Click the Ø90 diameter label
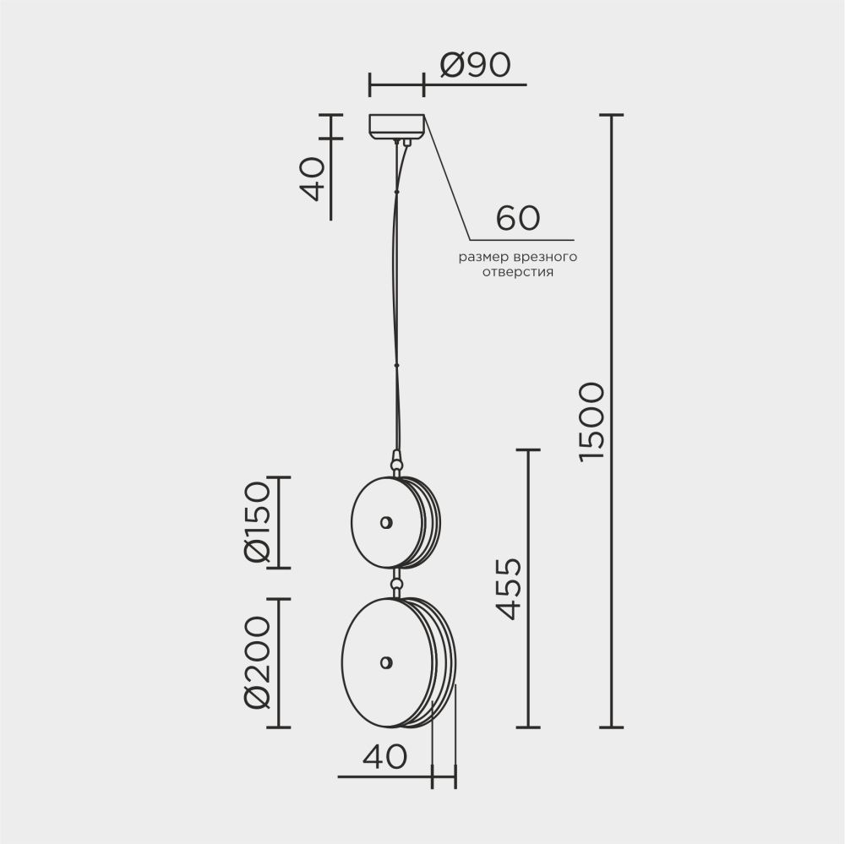(476, 66)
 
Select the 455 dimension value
(508, 589)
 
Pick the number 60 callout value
(517, 218)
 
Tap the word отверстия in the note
(517, 272)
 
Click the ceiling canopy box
(397, 127)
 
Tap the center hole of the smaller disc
(385, 522)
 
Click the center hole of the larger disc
(386, 663)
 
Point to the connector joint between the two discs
(395, 582)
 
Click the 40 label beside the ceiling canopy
(313, 178)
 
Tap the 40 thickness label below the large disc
(384, 757)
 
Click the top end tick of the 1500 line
(611, 115)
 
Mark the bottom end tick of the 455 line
(527, 727)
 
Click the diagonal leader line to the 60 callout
(448, 177)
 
